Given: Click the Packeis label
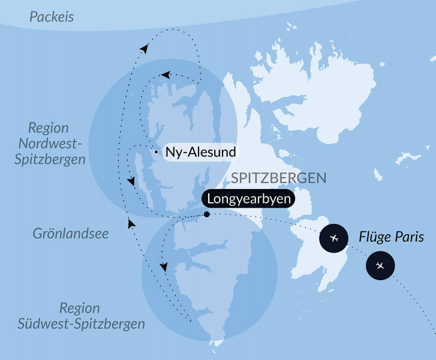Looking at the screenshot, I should (x=52, y=17).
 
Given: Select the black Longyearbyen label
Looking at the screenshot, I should (x=248, y=199).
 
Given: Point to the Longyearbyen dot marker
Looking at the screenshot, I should (x=206, y=214).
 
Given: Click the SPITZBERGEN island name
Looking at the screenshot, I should (x=279, y=178).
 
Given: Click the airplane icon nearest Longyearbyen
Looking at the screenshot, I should (x=334, y=239).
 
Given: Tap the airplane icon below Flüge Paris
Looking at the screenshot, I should (x=380, y=265).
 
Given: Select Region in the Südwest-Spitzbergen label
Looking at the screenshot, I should (x=80, y=308).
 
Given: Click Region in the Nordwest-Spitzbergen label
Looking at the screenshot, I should (x=48, y=128).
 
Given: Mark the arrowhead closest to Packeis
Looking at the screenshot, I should (x=144, y=49).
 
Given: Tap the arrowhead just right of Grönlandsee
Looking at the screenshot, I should (x=131, y=223).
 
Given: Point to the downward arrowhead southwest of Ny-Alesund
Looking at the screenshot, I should (x=131, y=180).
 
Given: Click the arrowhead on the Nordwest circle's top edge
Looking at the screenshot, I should (x=166, y=74).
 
